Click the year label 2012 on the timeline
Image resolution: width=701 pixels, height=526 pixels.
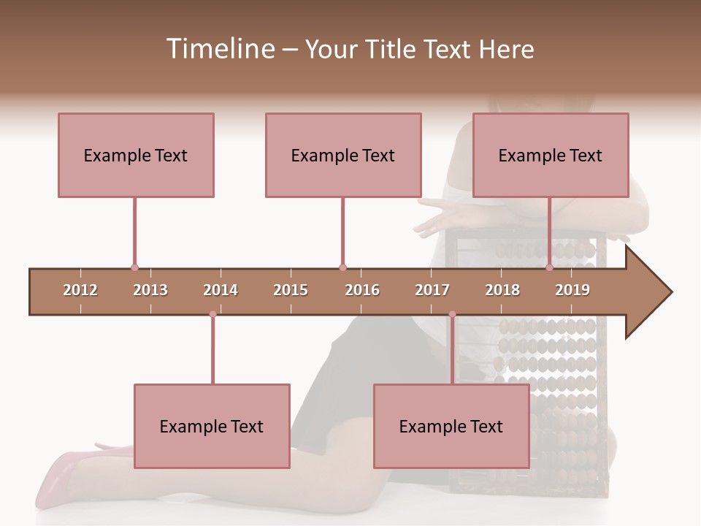click(x=80, y=290)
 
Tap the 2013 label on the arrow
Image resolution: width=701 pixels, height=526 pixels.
click(x=150, y=290)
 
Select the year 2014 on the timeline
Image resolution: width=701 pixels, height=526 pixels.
click(x=221, y=290)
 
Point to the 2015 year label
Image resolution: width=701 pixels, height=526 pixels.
click(x=291, y=290)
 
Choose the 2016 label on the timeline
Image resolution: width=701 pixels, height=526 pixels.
click(x=362, y=290)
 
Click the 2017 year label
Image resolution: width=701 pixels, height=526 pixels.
click(x=432, y=290)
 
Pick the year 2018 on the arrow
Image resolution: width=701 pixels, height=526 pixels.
click(x=502, y=290)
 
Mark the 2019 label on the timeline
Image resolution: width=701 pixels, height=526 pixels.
click(x=572, y=290)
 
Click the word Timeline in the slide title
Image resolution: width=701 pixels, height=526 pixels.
click(x=219, y=49)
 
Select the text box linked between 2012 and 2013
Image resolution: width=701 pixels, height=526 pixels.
click(x=136, y=155)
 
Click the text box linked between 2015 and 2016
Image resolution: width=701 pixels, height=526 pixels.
click(x=343, y=155)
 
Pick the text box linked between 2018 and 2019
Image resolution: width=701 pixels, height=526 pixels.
click(x=551, y=155)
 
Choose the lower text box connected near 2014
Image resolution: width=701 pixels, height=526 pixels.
click(x=212, y=426)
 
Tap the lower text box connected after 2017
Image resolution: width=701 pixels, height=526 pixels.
click(x=451, y=426)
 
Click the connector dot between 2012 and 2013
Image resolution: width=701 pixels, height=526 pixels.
click(x=134, y=268)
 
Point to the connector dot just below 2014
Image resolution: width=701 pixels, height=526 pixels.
click(x=212, y=315)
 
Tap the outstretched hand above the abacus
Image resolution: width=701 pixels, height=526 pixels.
click(x=442, y=216)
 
